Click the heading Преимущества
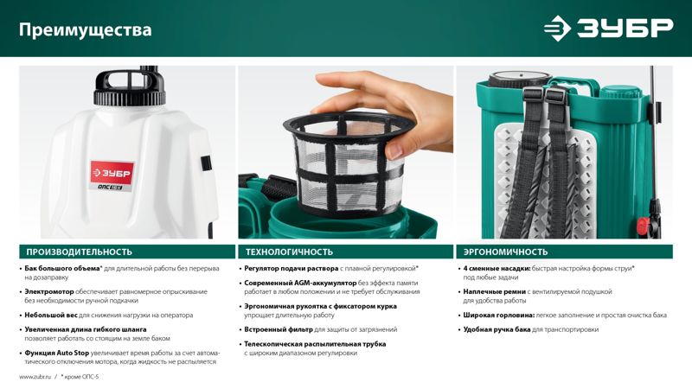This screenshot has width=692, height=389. [85, 30]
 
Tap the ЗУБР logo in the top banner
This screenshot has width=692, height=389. [609, 28]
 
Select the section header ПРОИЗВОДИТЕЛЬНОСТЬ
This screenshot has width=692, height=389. [79, 252]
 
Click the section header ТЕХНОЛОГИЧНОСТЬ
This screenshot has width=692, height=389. [289, 252]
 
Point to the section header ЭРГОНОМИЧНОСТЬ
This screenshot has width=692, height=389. [505, 252]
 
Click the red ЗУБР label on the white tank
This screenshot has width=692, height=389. [112, 173]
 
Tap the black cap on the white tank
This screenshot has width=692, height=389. [130, 87]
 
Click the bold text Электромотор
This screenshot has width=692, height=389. [49, 291]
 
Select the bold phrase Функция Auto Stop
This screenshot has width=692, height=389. [56, 353]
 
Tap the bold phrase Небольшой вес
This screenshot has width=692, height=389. [51, 315]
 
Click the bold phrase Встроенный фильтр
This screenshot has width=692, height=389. [279, 329]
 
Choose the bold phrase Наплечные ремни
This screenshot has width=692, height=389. [494, 291]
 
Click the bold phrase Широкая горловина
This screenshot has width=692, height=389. [499, 315]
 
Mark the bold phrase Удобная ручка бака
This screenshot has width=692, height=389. [497, 329]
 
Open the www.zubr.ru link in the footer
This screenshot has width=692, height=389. [35, 377]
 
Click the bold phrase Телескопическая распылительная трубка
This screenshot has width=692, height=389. [315, 344]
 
